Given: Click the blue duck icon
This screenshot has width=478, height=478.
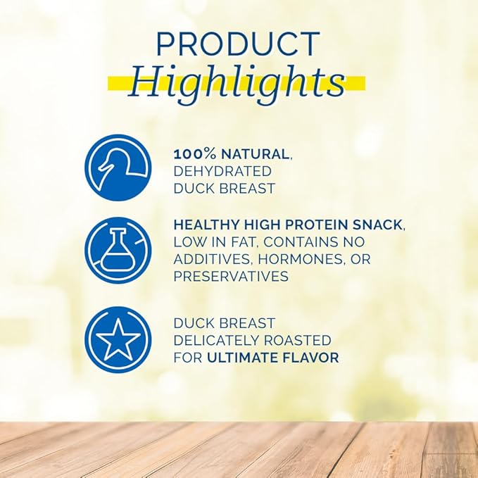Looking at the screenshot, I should point(118,168).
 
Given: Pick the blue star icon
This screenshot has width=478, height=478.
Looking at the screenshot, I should point(118,340).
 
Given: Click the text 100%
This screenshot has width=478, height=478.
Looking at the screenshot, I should point(191,153).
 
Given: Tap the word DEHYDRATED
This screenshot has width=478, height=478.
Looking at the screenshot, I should point(222,171).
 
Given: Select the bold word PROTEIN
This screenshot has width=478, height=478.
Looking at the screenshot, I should point(316,225).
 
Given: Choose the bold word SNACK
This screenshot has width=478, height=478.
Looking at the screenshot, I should point(378,225).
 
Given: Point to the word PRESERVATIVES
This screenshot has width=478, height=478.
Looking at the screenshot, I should point(231,277).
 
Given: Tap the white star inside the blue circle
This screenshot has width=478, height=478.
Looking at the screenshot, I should point(118,340).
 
